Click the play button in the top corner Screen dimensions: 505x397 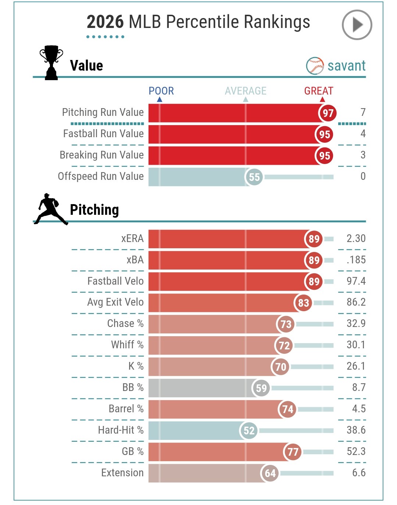357,25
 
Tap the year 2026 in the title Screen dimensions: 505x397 105,22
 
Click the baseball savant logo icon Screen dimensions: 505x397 315,66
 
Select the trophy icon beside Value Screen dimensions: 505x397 51,63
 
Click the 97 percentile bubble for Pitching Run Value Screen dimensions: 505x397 328,113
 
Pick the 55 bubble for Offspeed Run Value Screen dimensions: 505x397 254,177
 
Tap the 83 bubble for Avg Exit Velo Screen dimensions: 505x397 303,303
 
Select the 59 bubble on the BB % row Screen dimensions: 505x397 261,388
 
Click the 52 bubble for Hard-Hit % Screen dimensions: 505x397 249,431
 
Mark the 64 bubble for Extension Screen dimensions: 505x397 270,473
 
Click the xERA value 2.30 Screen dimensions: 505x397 356,238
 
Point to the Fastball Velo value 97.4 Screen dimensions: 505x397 356,281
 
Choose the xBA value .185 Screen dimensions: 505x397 356,260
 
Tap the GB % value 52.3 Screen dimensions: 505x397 356,451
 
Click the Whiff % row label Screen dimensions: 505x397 127,345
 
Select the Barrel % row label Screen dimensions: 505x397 126,409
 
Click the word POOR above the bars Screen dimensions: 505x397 161,91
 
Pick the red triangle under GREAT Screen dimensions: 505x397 322,99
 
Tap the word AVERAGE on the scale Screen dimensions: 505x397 246,91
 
